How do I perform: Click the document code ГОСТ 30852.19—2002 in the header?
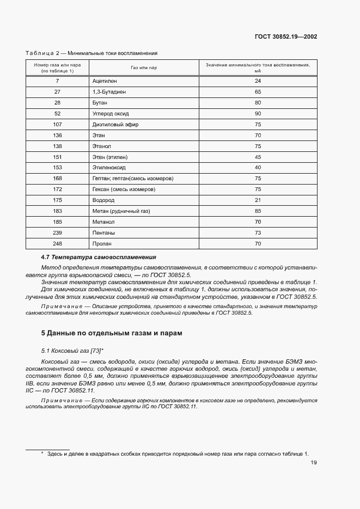point(286,37)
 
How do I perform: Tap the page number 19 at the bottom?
point(314,463)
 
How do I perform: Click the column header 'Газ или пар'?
point(144,68)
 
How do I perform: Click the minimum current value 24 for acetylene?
point(258,81)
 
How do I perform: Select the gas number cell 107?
point(57,125)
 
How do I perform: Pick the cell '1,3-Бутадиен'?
point(109,92)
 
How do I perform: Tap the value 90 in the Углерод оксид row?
point(258,114)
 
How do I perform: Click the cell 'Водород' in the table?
point(103,200)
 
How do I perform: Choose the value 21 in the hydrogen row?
point(258,200)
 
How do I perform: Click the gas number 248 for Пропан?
point(57,244)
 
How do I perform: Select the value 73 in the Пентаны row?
point(258,233)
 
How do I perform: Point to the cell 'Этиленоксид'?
point(109,168)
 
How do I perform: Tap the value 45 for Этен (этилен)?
point(258,157)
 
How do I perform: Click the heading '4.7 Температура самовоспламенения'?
point(99,257)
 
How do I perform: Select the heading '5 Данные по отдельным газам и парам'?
point(112,333)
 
